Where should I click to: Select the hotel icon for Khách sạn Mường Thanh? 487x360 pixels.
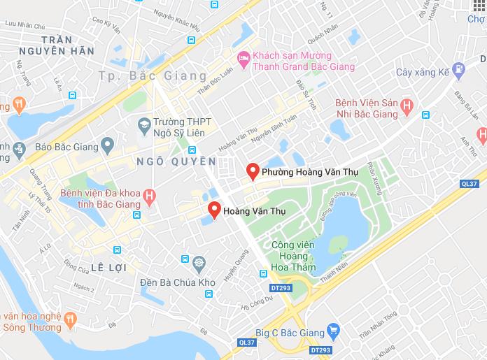(x=243, y=60)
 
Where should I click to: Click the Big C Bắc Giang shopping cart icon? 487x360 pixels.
(x=334, y=329)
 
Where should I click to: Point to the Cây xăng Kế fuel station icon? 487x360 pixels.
(x=458, y=70)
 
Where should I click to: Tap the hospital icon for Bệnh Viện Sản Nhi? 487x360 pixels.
(x=406, y=107)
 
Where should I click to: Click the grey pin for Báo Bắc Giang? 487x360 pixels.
(x=107, y=147)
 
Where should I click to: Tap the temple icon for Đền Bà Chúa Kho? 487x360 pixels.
(x=200, y=263)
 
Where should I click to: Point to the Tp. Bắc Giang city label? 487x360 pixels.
(x=153, y=75)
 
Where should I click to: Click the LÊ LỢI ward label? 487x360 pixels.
(x=121, y=268)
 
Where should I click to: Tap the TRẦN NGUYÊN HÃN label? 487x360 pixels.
(x=67, y=45)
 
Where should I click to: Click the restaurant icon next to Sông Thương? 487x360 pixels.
(x=70, y=320)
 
